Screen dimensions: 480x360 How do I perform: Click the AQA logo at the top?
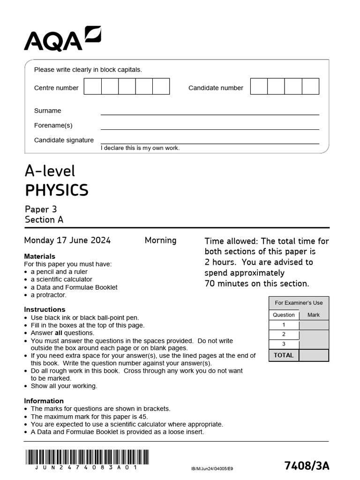coord(62,39)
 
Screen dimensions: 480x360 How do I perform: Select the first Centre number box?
coord(92,87)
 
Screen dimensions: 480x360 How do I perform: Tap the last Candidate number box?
coord(310,87)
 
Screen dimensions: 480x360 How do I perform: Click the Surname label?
coord(47,111)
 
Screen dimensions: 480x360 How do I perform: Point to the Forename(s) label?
coord(53,125)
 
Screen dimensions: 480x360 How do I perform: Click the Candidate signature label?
coord(64,140)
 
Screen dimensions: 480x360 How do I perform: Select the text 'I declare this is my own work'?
coord(140,148)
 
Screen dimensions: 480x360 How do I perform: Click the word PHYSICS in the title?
coord(56,190)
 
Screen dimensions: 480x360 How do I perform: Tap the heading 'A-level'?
coord(50,171)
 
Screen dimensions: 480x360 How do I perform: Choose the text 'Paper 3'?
coord(41,210)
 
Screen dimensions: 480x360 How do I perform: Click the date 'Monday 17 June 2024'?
coord(67,240)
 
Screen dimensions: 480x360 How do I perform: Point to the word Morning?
coord(160,240)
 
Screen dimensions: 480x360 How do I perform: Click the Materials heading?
coord(39,256)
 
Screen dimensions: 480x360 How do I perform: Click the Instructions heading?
coord(45,309)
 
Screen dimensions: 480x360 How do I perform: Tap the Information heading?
coord(44,401)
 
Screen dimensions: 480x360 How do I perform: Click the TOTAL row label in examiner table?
coord(284,355)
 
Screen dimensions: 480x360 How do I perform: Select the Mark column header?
coord(314,315)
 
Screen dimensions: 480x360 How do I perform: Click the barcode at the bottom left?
coord(87,457)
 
